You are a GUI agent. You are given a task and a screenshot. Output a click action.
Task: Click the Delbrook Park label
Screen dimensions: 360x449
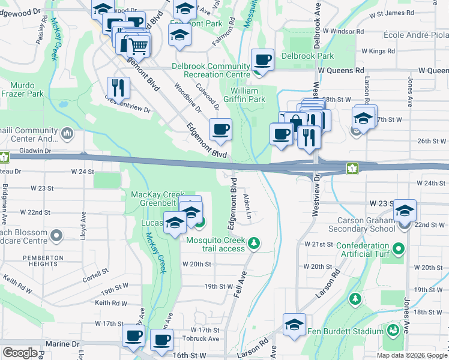(307, 56)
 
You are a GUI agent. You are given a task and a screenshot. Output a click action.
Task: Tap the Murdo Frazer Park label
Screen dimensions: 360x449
(22, 89)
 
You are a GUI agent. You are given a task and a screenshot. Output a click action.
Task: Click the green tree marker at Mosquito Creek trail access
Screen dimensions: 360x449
(255, 243)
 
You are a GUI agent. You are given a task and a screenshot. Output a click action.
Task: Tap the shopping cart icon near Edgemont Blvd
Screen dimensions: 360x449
(139, 45)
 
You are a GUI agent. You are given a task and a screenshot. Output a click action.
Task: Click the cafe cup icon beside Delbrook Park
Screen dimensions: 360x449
(262, 60)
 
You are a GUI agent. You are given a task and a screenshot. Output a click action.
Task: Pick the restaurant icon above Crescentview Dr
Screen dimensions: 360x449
(118, 88)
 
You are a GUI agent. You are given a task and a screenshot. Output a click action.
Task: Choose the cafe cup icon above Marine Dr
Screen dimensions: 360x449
(133, 335)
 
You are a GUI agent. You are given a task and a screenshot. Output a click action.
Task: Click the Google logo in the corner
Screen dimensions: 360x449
(20, 353)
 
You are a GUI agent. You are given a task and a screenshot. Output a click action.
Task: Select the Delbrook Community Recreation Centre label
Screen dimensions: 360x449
(211, 70)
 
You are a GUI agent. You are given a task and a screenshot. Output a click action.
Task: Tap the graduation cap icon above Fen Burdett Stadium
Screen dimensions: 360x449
(294, 324)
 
